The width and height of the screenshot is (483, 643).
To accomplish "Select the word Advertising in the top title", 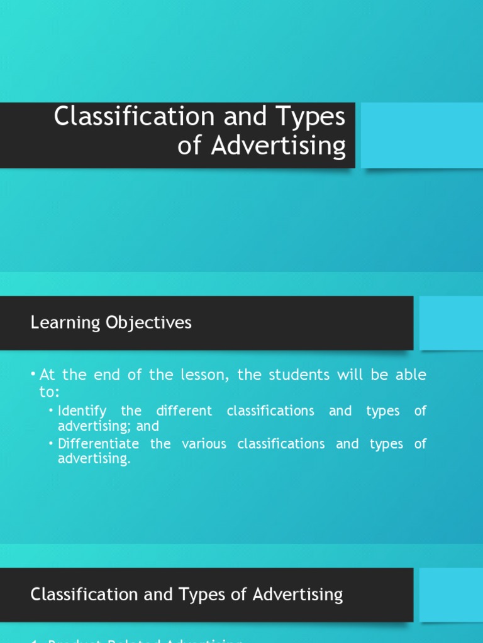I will [279, 146].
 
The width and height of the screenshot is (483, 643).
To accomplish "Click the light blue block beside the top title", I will [421, 136].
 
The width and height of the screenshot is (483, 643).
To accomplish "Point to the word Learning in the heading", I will [65, 323].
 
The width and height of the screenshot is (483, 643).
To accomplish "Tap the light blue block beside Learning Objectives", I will [450, 323].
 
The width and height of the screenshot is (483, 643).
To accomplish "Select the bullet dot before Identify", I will [52, 411].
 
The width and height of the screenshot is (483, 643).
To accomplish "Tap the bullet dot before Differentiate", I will [52, 444].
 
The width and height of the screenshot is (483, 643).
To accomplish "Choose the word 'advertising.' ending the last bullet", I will [94, 459].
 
